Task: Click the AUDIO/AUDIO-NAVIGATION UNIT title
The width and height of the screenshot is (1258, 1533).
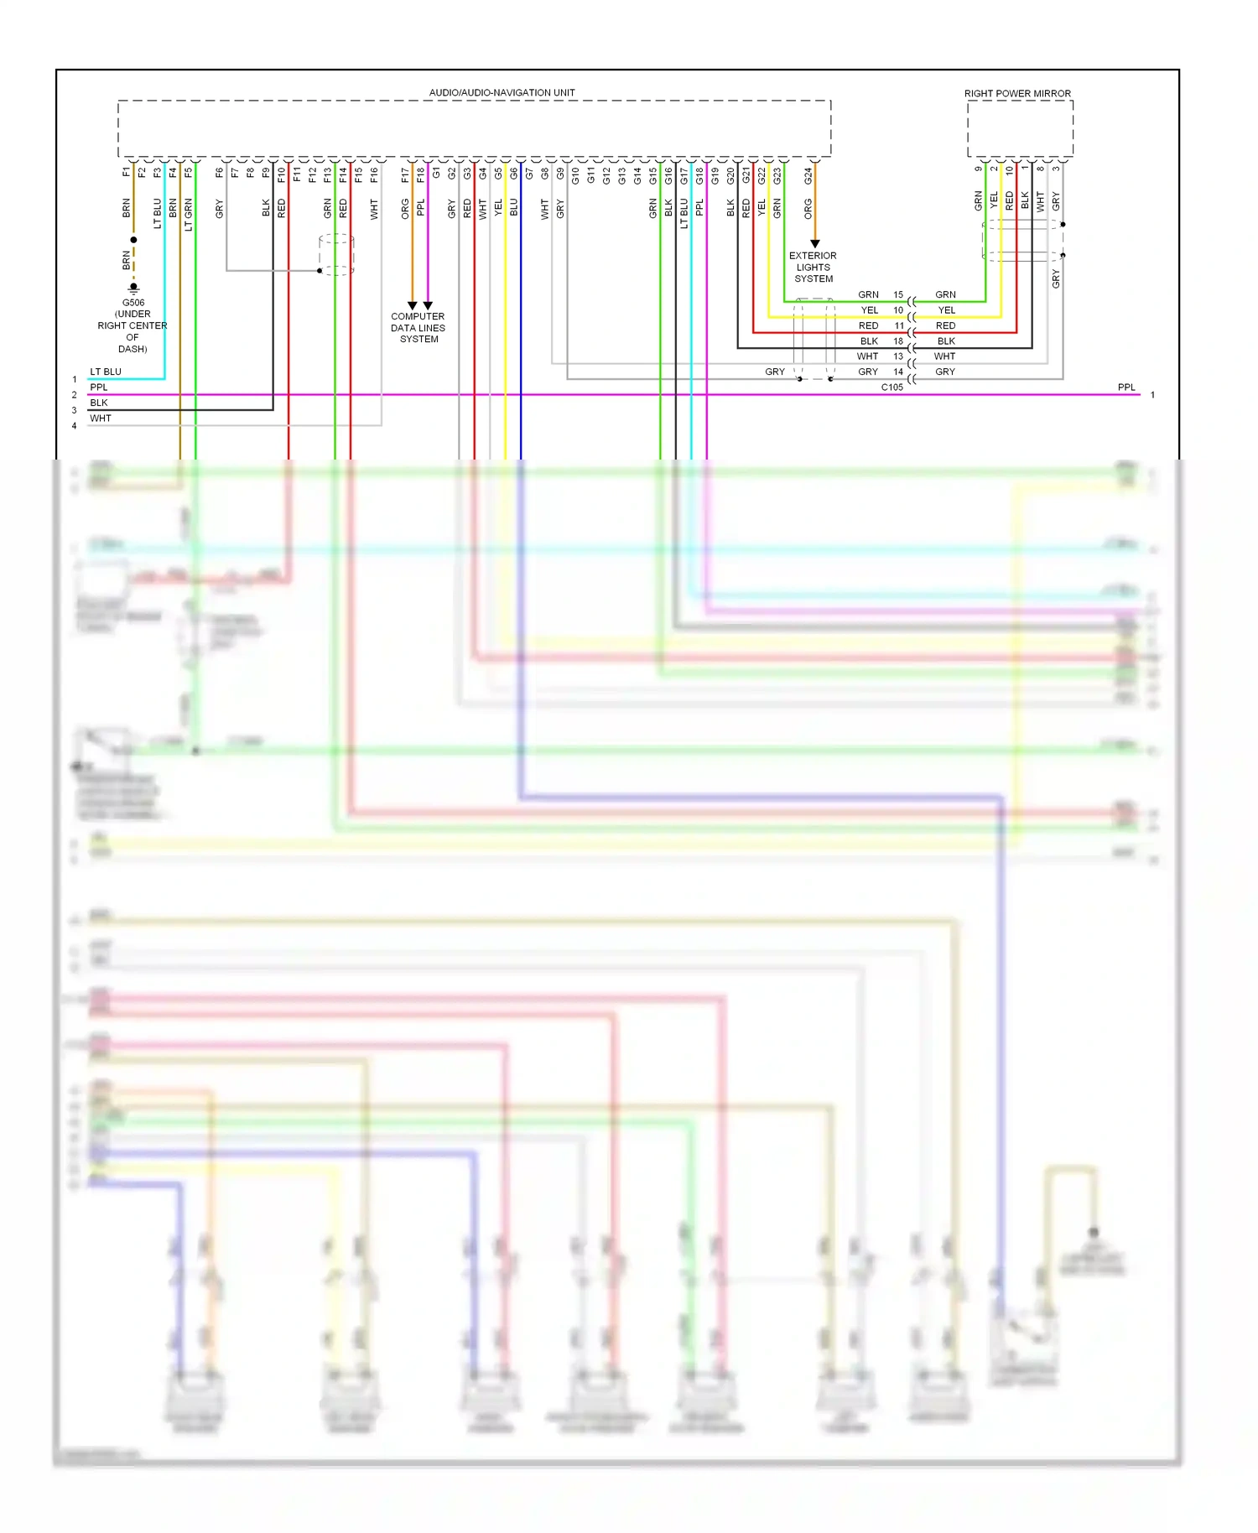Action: (502, 92)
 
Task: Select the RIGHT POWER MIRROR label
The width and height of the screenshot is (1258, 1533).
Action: (1016, 93)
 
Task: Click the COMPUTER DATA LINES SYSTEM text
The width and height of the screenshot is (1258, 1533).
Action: (418, 328)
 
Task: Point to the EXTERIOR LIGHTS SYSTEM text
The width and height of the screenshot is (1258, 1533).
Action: (813, 267)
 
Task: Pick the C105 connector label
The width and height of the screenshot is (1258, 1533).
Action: (892, 387)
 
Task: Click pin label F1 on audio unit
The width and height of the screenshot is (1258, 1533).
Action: (127, 172)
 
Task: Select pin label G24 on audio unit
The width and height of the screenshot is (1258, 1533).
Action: (808, 176)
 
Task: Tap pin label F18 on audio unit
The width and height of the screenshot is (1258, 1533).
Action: (421, 175)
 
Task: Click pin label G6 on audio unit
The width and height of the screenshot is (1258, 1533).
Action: (513, 174)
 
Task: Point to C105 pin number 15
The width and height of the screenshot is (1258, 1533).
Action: (898, 294)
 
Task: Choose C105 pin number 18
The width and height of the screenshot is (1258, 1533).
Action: (898, 341)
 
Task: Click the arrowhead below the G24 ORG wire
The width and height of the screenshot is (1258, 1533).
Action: (814, 244)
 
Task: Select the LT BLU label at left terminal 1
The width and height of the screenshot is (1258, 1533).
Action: (106, 372)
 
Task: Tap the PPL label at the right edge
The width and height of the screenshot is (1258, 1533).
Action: (1125, 387)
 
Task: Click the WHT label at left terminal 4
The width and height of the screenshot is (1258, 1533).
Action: (101, 418)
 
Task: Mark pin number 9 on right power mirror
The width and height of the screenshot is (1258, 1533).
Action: (978, 169)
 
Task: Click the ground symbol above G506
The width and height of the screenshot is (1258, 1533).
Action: (133, 288)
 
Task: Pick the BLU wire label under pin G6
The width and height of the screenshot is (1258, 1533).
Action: (513, 207)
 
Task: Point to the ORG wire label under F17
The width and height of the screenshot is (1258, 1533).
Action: (405, 208)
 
